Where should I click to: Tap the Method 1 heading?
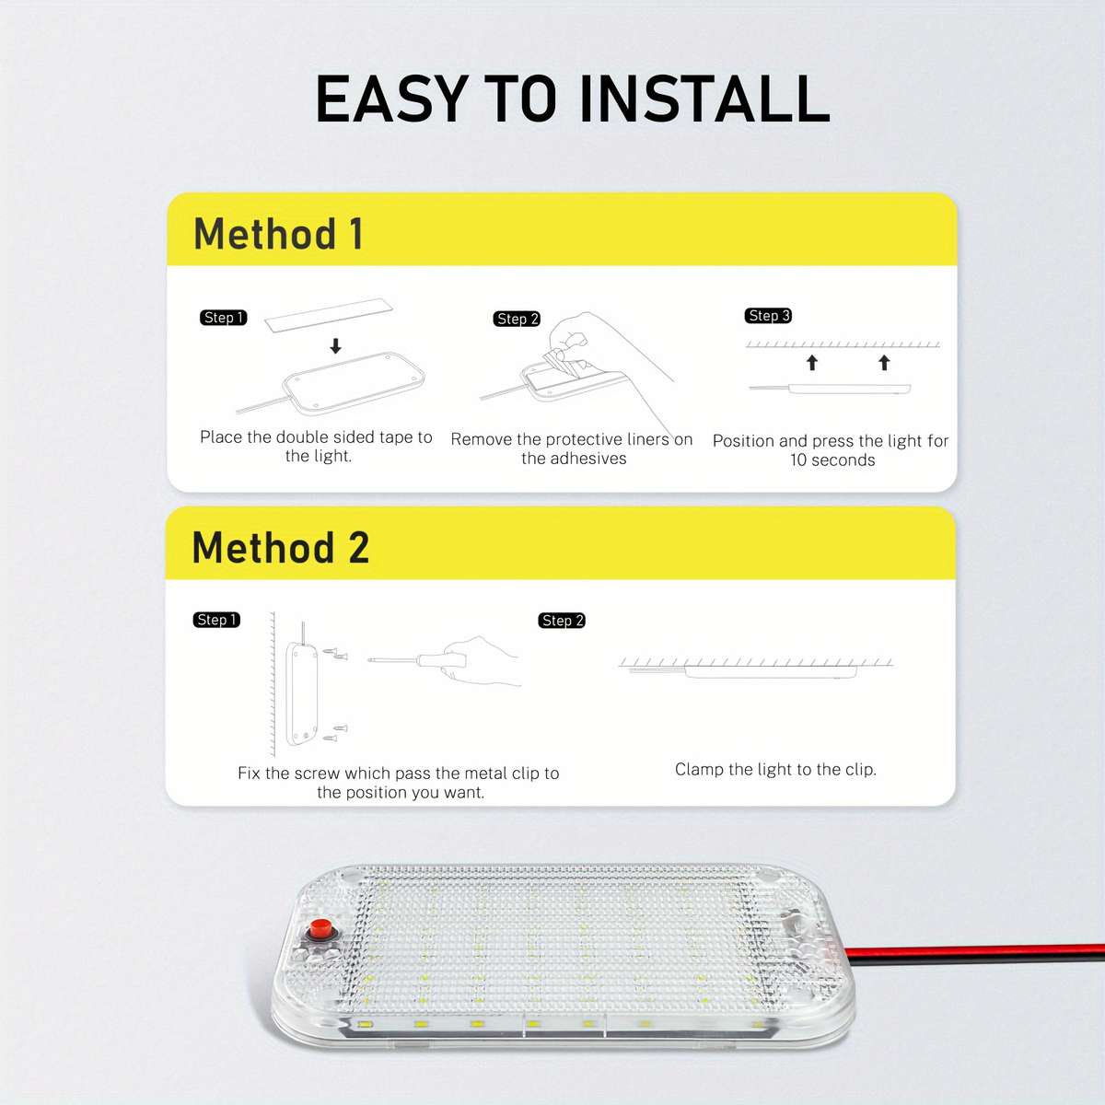coord(278,234)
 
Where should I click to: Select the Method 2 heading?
coord(280,548)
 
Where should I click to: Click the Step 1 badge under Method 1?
coord(223,318)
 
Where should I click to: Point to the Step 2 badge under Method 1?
coord(517,319)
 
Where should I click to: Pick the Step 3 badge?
coord(769,316)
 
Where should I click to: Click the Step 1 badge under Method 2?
coord(216,620)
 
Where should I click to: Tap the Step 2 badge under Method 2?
coord(562,621)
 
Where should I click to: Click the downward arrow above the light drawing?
coord(336,346)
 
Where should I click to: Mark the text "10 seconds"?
coord(832,460)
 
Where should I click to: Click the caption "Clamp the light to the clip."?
coord(775,769)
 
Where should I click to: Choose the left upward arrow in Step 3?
coord(812,363)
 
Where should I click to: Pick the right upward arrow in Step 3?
coord(884,363)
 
